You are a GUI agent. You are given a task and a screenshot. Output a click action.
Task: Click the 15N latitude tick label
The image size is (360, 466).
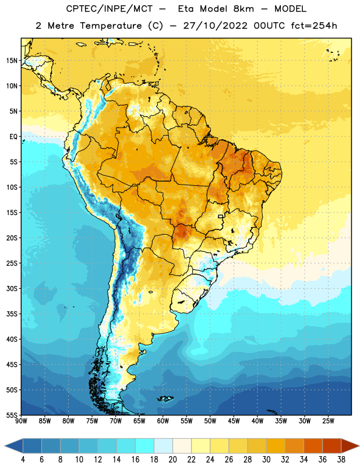(11, 61)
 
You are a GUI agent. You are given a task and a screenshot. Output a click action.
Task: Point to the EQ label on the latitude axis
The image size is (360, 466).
(13, 137)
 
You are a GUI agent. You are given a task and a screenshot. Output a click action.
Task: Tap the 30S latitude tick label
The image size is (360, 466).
(12, 288)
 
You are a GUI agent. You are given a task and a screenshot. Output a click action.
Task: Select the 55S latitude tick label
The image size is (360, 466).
(12, 415)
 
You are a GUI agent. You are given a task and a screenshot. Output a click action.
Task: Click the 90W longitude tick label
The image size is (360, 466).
(21, 421)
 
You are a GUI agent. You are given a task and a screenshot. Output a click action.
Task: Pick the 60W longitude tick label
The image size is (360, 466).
(163, 421)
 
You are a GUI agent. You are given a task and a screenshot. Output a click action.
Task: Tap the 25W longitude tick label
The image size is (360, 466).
(328, 421)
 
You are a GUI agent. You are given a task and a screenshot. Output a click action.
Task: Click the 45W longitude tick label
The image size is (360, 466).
(234, 421)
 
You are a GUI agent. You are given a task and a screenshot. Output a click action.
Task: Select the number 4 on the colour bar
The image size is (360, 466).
(23, 460)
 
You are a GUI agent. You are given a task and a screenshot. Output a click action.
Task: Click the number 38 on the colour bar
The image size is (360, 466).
(341, 460)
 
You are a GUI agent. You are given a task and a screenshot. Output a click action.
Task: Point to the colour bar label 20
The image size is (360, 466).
(172, 460)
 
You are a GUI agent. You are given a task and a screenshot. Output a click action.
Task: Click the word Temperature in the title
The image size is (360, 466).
(111, 26)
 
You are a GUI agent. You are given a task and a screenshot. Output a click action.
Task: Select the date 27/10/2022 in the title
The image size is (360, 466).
(215, 26)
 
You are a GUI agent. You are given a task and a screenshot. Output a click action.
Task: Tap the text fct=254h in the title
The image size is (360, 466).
(314, 26)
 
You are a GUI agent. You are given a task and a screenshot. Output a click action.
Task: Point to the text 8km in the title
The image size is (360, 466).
(243, 9)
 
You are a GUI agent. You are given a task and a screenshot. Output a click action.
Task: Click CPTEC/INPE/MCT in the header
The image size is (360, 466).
(110, 9)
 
